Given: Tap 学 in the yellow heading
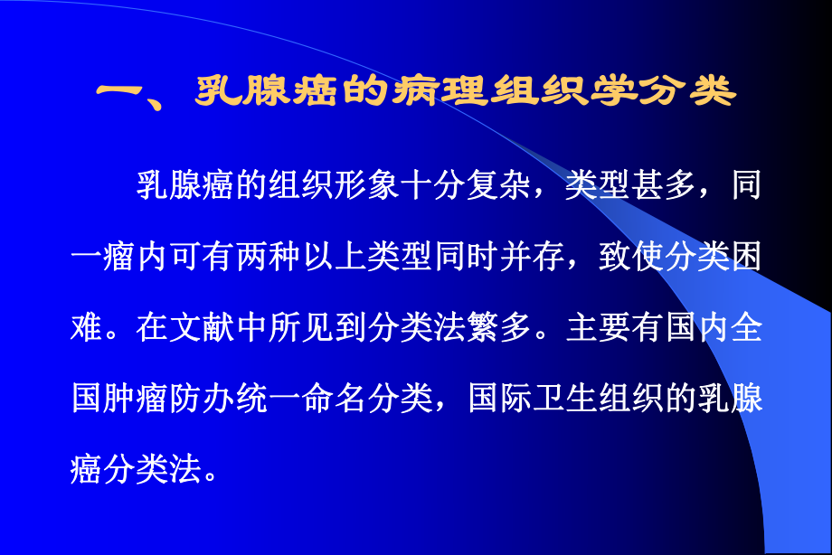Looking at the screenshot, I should point(637,93).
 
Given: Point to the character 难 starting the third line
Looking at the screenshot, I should point(86,329).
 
